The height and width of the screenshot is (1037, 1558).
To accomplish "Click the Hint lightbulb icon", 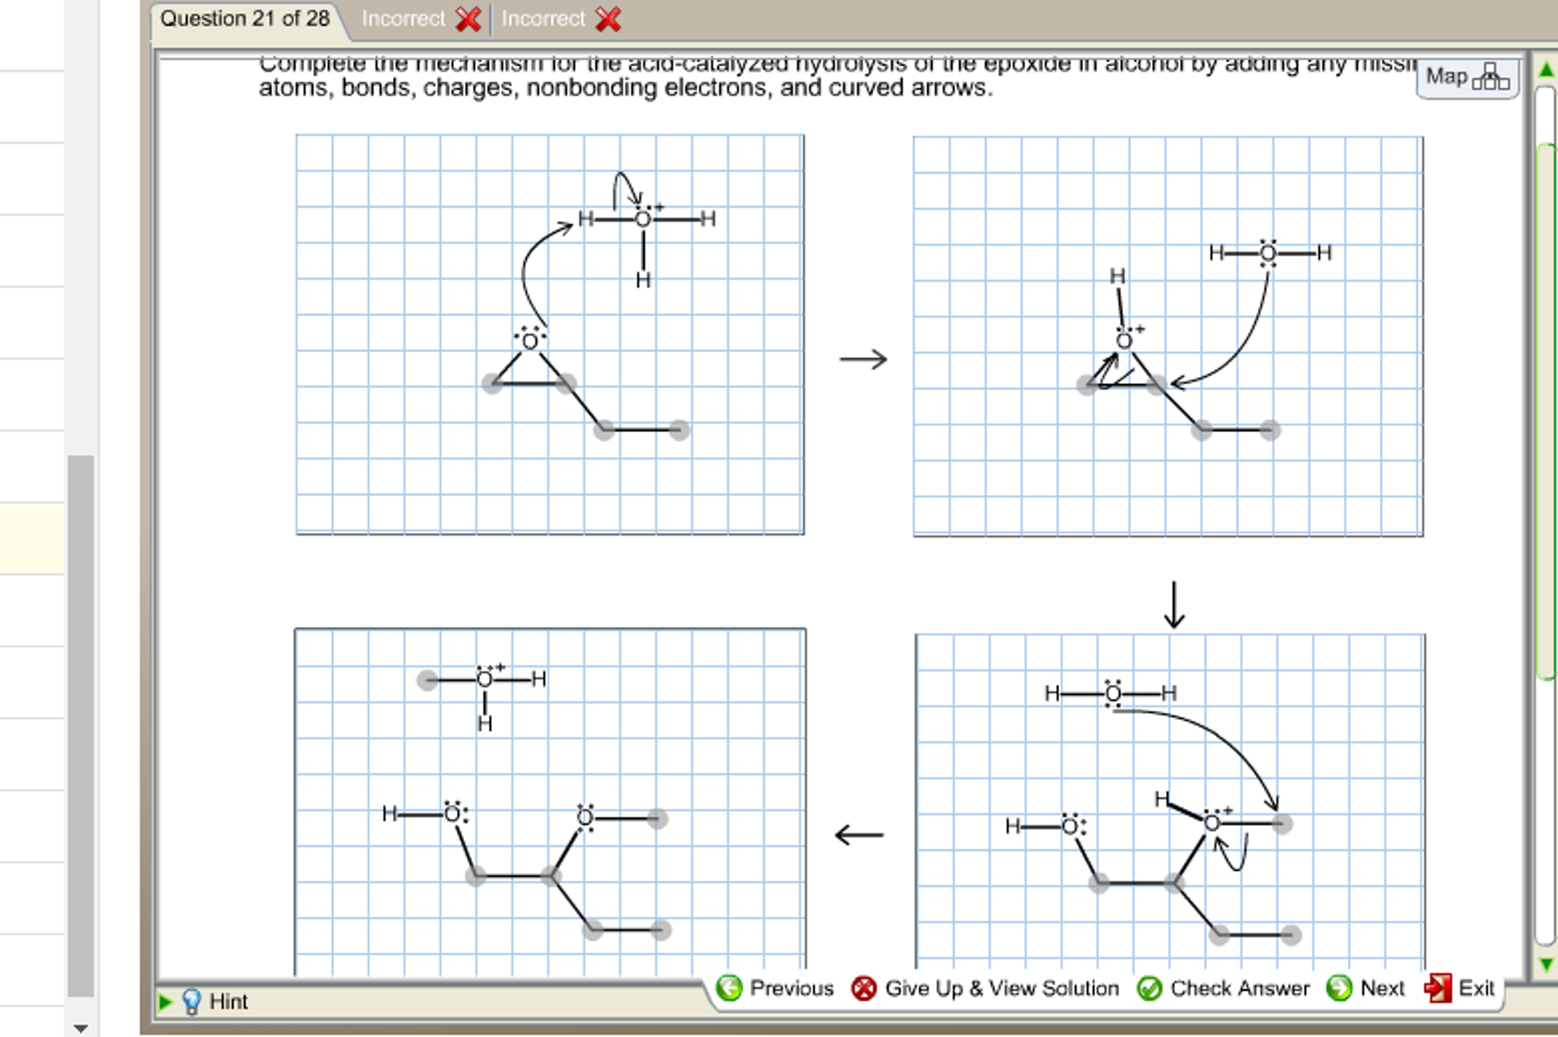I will click(x=192, y=1001).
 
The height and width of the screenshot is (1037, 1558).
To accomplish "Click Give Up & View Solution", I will click(x=985, y=988).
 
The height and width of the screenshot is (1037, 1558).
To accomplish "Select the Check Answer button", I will click(x=1223, y=988).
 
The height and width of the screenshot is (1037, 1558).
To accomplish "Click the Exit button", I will click(x=1461, y=988).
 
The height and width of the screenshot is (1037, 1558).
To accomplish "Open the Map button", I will click(x=1467, y=77).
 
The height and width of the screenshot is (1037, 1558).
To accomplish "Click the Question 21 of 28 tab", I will click(x=244, y=19).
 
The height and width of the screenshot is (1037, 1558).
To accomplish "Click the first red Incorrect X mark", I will click(x=468, y=19).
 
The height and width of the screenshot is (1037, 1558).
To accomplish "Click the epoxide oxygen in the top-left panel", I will click(x=530, y=341).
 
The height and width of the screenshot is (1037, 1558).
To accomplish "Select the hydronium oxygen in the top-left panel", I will click(x=643, y=219).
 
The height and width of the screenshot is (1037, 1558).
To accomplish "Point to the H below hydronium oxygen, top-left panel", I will click(x=643, y=280).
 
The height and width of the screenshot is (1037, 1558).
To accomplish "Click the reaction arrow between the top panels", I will click(x=863, y=359).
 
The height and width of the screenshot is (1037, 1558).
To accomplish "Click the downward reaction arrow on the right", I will click(x=1174, y=604).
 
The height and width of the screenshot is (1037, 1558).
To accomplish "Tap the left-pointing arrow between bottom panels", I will click(x=859, y=834).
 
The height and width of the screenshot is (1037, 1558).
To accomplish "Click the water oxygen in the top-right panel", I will click(x=1267, y=253).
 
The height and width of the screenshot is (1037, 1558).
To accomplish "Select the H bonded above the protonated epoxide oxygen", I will click(x=1117, y=277).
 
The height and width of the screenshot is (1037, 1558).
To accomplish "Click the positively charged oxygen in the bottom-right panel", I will click(x=1212, y=822).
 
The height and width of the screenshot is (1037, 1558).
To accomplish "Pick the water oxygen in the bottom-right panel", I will click(x=1113, y=693).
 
